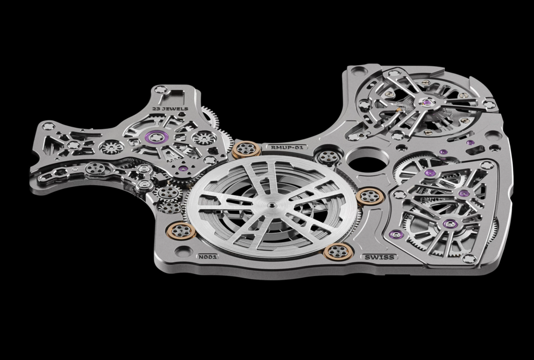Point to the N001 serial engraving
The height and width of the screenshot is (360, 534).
[x=208, y=257]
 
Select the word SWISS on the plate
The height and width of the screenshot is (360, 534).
[x=379, y=257]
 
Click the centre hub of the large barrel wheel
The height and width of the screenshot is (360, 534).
[x=271, y=205]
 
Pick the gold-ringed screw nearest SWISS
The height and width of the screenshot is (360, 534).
[x=337, y=251]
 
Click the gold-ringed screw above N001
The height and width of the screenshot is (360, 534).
[x=183, y=231]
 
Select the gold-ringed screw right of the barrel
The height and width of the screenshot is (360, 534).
[x=370, y=197]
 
